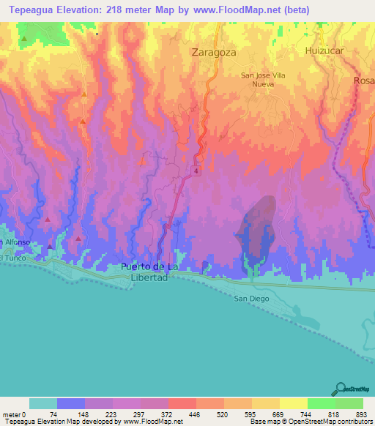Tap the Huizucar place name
(x=324, y=51)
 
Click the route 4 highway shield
(x=196, y=171)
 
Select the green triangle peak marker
(x=24, y=38)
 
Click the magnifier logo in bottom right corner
(x=341, y=389)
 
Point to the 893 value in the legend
(x=359, y=414)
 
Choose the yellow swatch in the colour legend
(x=293, y=403)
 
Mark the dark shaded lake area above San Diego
(x=256, y=227)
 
